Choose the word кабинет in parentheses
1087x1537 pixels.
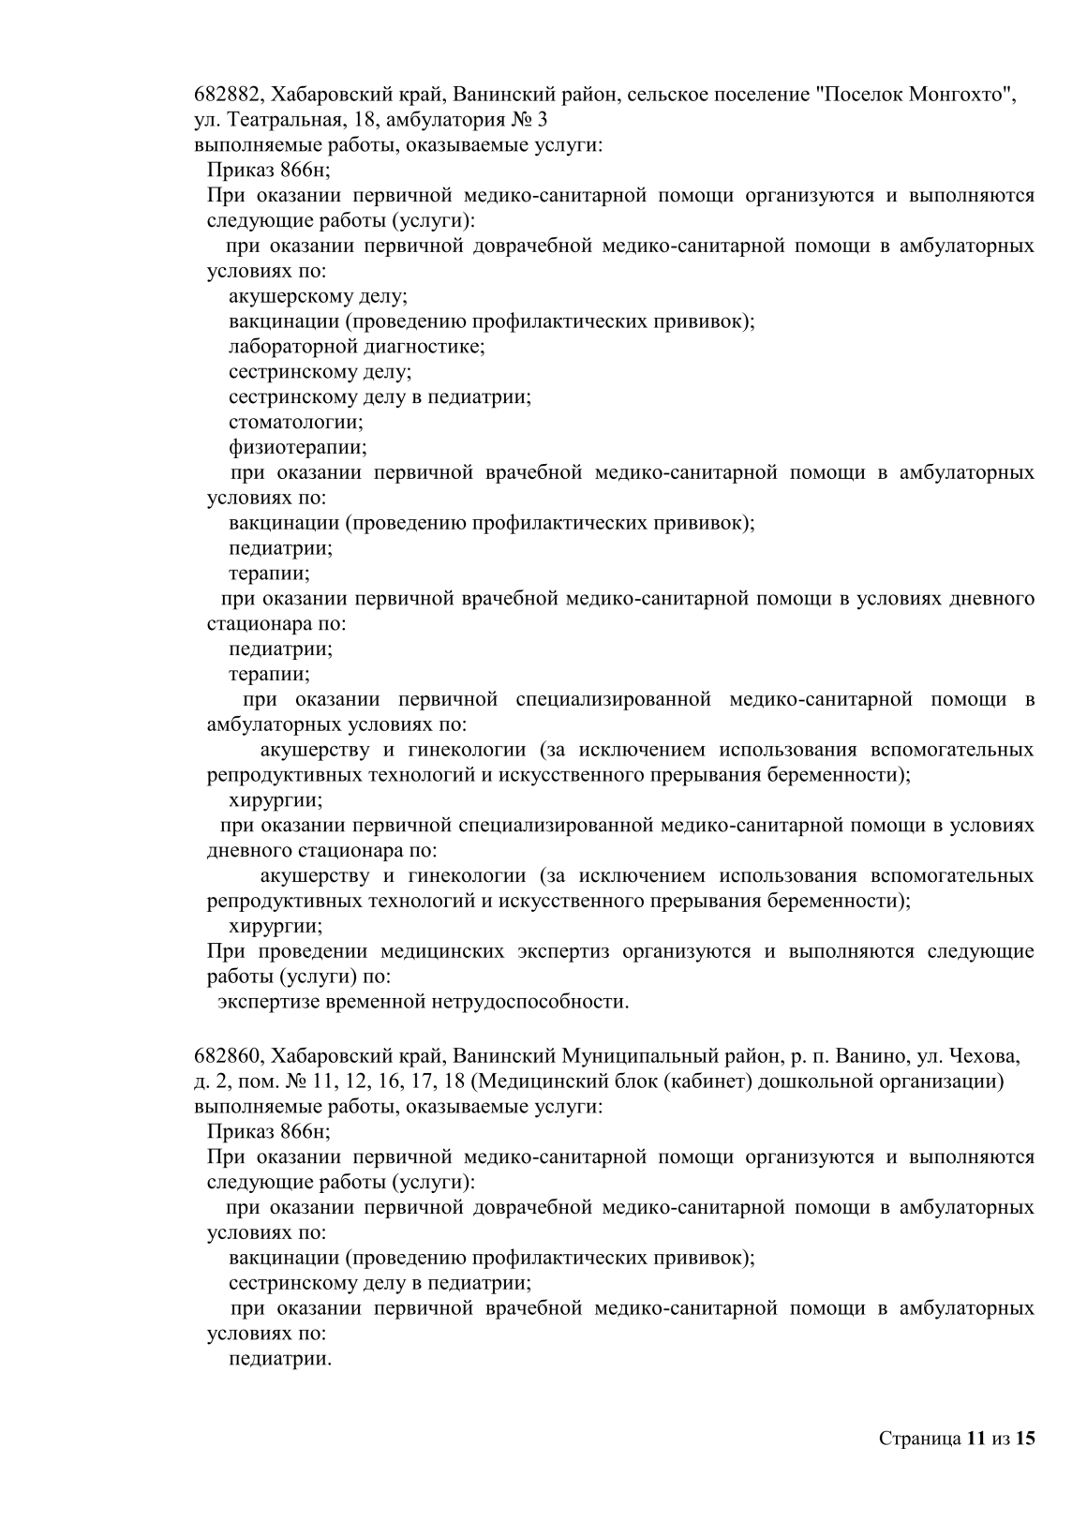tap(706, 1082)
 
